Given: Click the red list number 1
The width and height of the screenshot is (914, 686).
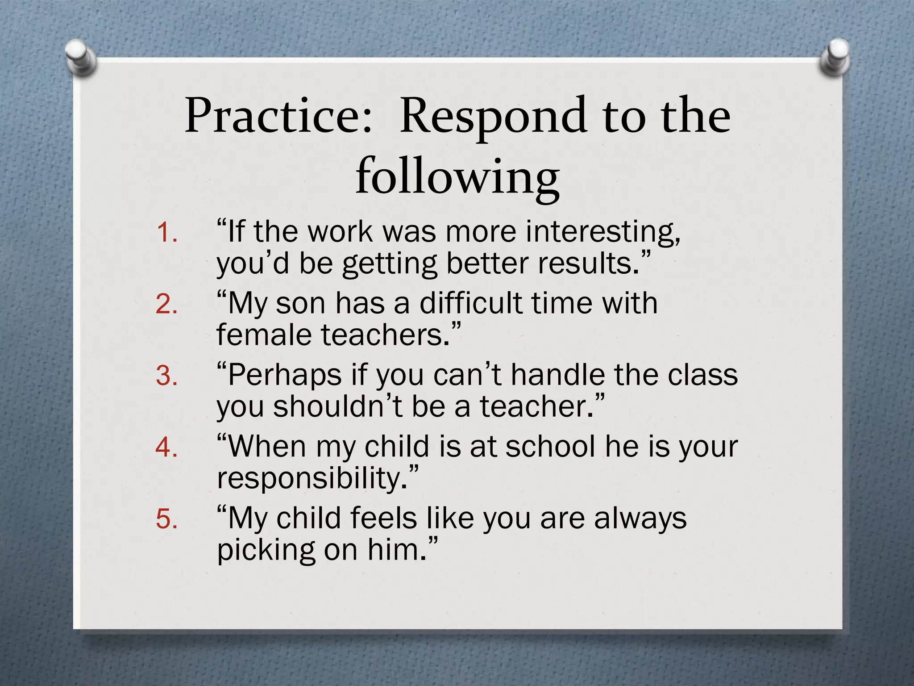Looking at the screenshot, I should tap(166, 233).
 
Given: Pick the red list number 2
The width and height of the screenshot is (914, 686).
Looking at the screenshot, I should tap(166, 305).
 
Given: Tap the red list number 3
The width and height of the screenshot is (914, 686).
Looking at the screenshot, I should tap(166, 376).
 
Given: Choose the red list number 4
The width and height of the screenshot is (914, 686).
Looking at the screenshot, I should tap(166, 448).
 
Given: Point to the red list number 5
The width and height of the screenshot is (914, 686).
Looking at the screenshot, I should tap(166, 519).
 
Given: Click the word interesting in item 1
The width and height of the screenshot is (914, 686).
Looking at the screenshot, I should tap(603, 232).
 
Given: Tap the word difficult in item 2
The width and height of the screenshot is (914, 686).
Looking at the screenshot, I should tap(471, 303).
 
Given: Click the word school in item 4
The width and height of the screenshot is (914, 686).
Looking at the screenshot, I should tap(551, 446).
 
